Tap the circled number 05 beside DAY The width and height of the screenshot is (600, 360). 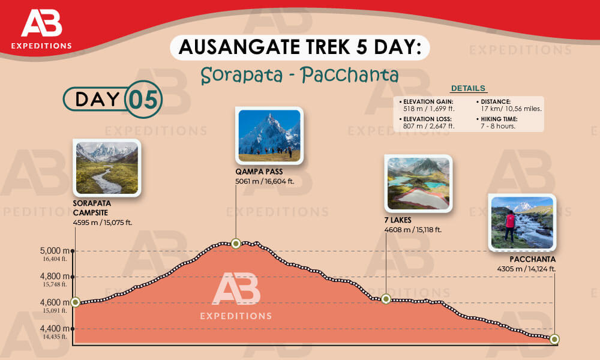(143, 100)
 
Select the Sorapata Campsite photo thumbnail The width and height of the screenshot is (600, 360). (107, 168)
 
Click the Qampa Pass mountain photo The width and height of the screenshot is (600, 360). (269, 135)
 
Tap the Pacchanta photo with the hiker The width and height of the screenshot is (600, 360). (521, 222)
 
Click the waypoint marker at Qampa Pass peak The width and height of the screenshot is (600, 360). (236, 243)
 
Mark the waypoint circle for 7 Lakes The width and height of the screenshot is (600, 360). (386, 299)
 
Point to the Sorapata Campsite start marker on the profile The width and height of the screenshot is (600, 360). (75, 302)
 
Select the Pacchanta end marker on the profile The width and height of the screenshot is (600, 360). (554, 340)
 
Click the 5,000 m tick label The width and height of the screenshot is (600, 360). (54, 250)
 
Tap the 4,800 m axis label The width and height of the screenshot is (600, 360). (54, 277)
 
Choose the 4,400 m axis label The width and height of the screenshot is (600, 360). (54, 328)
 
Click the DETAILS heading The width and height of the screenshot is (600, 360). (468, 88)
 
